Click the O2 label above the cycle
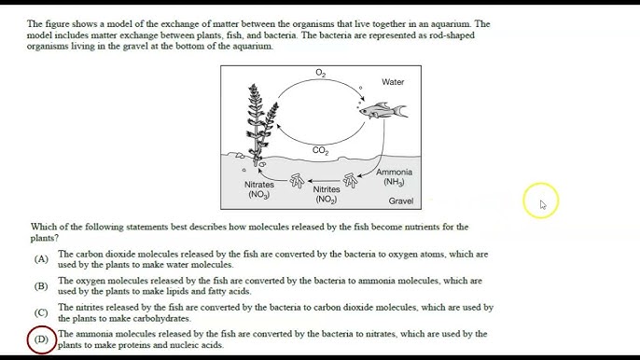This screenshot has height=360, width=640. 320,73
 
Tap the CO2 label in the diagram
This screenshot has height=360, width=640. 320,150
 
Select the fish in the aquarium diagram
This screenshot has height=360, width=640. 383,110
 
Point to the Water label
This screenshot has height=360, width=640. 393,82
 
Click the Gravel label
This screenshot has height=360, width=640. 401,201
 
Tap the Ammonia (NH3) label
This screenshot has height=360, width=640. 394,177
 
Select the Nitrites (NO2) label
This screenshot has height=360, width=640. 327,194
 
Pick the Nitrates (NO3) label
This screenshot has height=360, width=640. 259,189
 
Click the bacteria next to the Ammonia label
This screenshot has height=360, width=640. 350,180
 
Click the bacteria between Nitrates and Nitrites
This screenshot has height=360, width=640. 297,180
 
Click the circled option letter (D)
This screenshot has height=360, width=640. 41,339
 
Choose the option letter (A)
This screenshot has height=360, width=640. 41,259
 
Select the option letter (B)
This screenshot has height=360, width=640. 41,286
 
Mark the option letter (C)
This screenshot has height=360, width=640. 41,313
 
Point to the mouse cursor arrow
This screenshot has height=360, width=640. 543,204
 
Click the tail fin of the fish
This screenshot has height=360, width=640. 401,111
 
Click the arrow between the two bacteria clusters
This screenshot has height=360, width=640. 324,180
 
